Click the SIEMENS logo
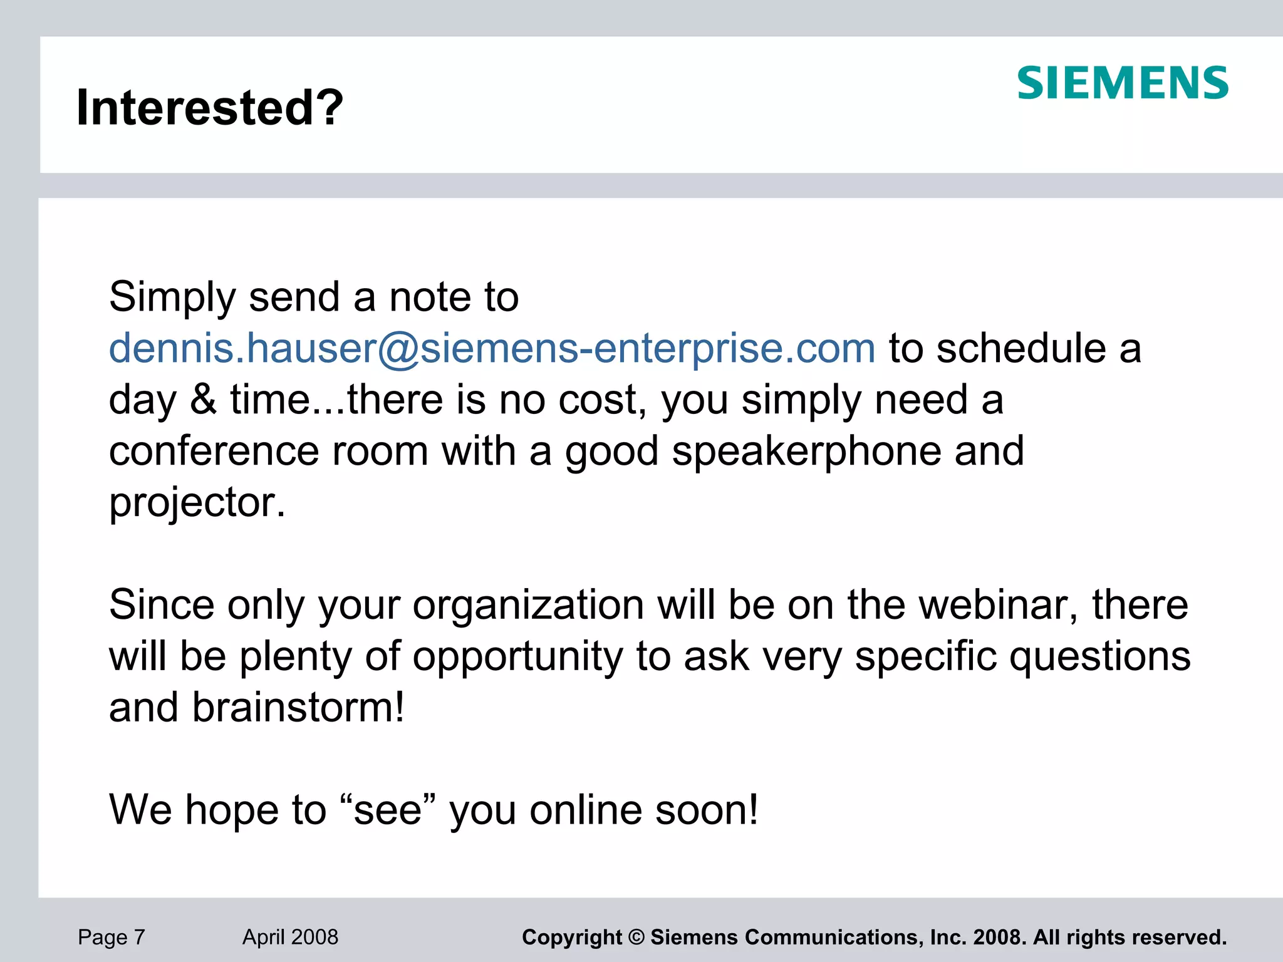pos(1122,83)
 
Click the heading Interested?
pos(210,107)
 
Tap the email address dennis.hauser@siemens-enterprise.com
pos(492,348)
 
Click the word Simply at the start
pos(172,297)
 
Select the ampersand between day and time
pos(203,400)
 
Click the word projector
pos(197,502)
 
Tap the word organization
pos(528,605)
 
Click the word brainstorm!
pos(298,708)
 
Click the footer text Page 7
pos(112,937)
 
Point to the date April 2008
pos(290,937)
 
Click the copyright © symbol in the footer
pos(636,938)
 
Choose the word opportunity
pos(517,656)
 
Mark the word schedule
pos(1021,348)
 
